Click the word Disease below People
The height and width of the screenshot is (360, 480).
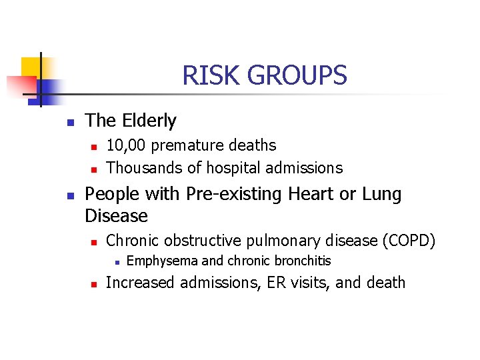[x=117, y=216]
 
